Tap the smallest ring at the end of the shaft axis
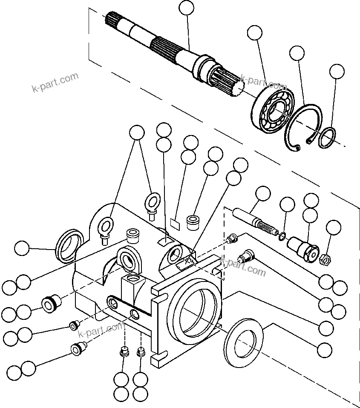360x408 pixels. [328, 138]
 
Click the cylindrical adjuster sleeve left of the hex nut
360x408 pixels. [303, 248]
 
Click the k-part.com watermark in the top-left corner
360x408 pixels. [55, 83]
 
